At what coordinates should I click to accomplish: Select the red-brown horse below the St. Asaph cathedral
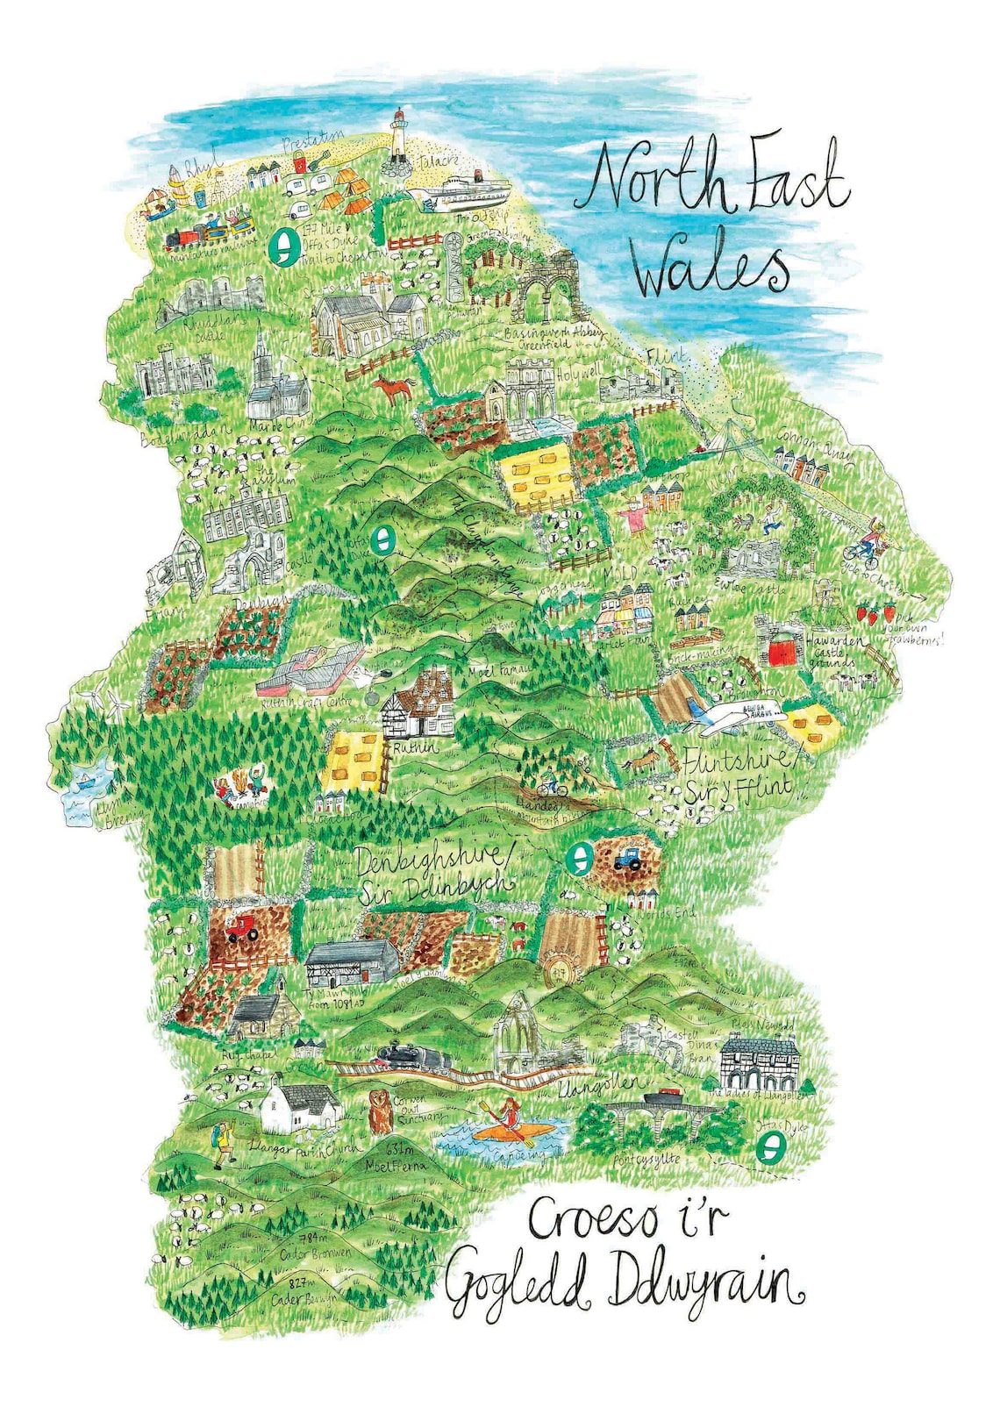tap(392, 387)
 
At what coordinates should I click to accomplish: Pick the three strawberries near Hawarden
tap(875, 612)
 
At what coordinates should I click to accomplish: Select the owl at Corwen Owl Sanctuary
tap(380, 1112)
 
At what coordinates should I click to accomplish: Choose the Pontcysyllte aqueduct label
tap(646, 1160)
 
